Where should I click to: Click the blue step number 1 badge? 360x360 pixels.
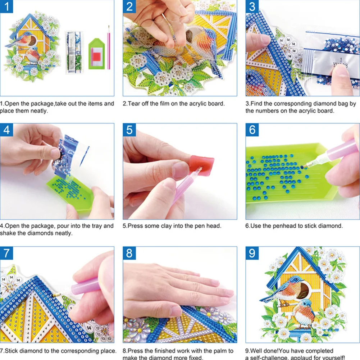click(7, 7)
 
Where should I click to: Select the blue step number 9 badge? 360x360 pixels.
click(252, 253)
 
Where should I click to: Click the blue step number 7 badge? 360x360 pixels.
click(7, 253)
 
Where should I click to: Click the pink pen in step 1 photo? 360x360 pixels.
click(108, 47)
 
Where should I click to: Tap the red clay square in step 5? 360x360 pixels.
click(202, 165)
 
